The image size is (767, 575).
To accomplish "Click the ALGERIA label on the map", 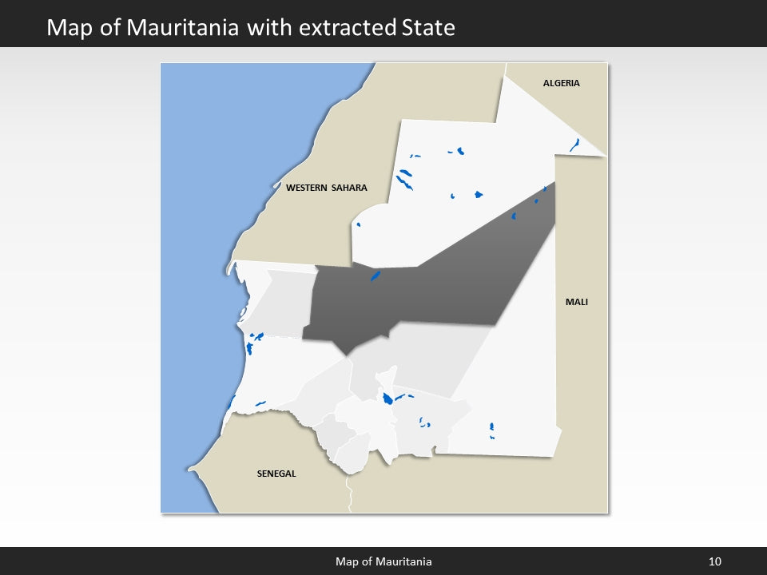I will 561,83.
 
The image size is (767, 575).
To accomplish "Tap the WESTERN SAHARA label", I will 327,188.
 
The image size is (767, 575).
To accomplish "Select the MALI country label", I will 576,302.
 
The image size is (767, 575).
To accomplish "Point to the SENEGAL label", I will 276,474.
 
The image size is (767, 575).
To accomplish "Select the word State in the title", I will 426,28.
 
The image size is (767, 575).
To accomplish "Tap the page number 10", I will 715,561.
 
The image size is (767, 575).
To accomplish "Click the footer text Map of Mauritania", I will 383,561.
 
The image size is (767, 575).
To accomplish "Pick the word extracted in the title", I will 346,28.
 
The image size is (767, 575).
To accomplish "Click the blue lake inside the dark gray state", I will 375,276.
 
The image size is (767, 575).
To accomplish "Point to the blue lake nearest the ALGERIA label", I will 574,145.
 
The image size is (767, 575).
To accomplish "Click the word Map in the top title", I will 67,28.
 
